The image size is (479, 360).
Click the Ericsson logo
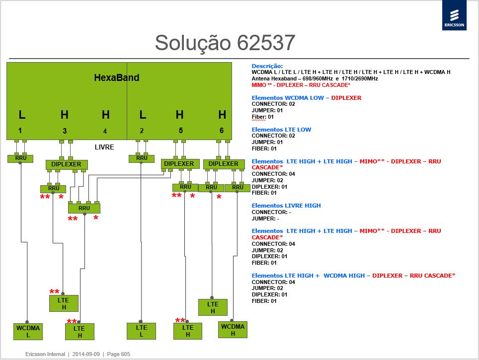pyautogui.click(x=454, y=15)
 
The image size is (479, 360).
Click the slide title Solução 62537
pyautogui.click(x=225, y=42)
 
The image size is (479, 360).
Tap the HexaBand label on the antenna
pyautogui.click(x=117, y=77)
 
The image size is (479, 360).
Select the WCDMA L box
pyautogui.click(x=28, y=331)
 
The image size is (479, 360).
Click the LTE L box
pyautogui.click(x=142, y=331)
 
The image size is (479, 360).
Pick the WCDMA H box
pyautogui.click(x=233, y=330)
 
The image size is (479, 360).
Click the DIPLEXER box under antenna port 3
pyautogui.click(x=67, y=164)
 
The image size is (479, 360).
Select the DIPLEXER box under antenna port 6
pyautogui.click(x=224, y=164)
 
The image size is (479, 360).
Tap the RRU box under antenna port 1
pyautogui.click(x=20, y=158)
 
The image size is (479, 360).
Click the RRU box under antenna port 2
pyautogui.click(x=142, y=158)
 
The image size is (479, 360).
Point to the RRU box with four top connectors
pyautogui.click(x=84, y=208)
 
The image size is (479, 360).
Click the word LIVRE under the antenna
pyautogui.click(x=104, y=147)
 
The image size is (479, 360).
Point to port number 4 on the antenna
pyautogui.click(x=105, y=131)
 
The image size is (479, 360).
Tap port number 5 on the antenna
pyautogui.click(x=181, y=131)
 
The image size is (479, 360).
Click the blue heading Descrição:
pyautogui.click(x=267, y=66)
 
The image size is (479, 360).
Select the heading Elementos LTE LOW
pyautogui.click(x=281, y=130)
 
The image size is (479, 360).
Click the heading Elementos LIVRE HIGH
pyautogui.click(x=286, y=206)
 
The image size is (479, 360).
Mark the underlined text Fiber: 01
pyautogui.click(x=263, y=117)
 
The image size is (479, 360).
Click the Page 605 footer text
pyautogui.click(x=119, y=354)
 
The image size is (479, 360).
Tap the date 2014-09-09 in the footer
pyautogui.click(x=86, y=354)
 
